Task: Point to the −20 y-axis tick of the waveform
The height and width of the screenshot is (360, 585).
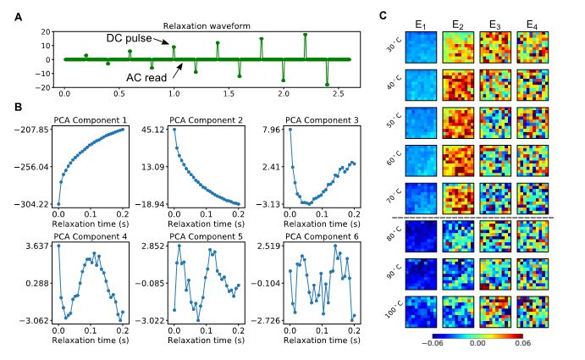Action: coord(38,88)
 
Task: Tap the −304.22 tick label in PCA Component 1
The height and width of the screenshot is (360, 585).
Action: coord(31,205)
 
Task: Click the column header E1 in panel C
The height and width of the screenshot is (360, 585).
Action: coord(420,24)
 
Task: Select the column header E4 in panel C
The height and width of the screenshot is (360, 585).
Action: coord(531,24)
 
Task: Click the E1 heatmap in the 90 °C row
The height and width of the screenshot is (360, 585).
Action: coord(421,274)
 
